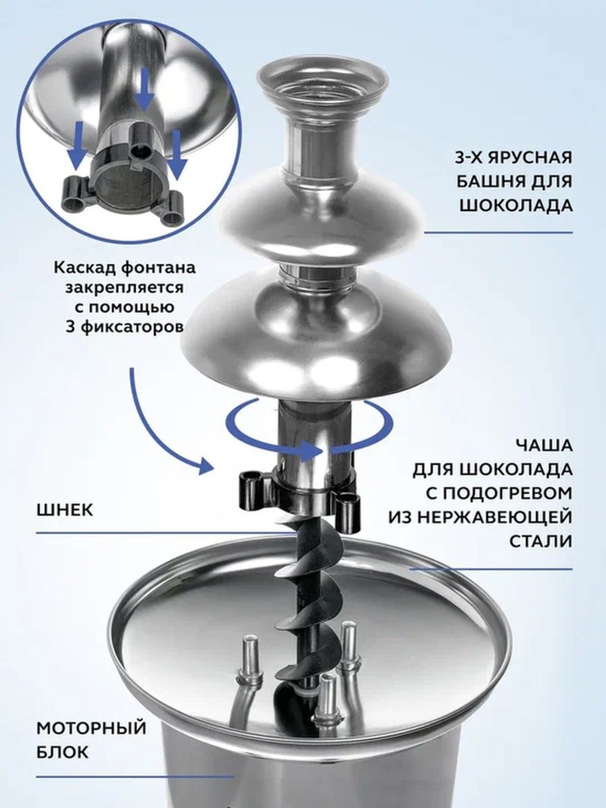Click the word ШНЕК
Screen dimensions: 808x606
65,509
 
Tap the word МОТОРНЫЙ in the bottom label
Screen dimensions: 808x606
92,727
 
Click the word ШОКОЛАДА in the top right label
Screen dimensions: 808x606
516,205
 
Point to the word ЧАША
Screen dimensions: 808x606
544,446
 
